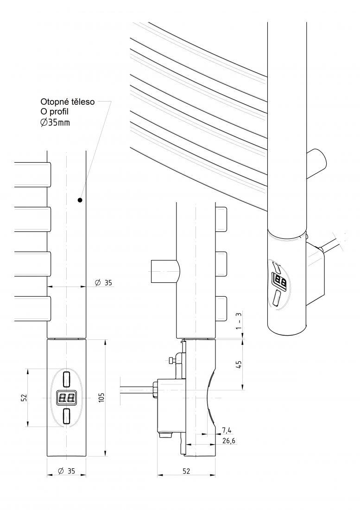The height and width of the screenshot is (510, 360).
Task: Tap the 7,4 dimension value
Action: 227,431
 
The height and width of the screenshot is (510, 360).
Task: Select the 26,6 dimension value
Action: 229,441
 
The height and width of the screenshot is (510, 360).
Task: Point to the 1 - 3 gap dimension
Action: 240,321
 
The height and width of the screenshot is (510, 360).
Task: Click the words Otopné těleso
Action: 68,102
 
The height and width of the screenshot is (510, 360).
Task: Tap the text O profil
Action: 55,112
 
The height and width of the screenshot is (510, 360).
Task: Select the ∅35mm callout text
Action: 55,122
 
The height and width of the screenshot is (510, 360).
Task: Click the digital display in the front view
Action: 67,397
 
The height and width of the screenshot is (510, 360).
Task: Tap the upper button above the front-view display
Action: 67,379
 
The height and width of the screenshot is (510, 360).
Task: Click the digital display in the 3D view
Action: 280,280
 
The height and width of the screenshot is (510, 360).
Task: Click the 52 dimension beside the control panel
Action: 24,397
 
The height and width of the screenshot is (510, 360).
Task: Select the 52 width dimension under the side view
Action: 186,471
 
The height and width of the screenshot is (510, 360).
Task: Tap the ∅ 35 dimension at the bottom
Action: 66,471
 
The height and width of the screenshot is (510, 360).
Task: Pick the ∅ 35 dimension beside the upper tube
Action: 103,283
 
